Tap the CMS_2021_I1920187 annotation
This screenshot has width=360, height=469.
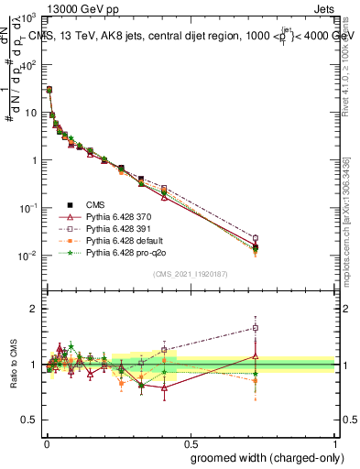(190, 274)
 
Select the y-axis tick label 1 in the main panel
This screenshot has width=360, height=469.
(36, 160)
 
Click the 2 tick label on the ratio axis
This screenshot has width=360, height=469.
(36, 309)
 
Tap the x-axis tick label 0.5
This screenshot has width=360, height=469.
(190, 442)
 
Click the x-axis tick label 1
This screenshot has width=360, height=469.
(335, 442)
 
